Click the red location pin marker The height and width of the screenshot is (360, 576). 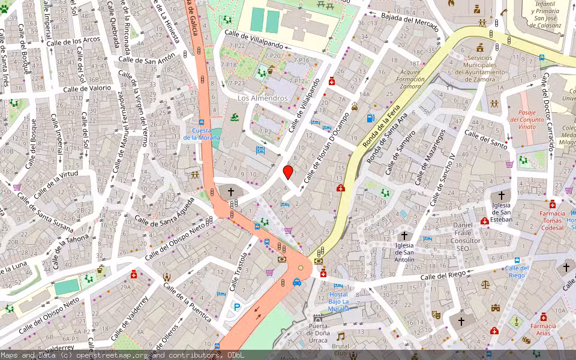pos(288,172)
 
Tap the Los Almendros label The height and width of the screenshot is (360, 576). pos(262,98)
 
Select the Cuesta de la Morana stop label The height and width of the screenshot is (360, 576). pos(202,134)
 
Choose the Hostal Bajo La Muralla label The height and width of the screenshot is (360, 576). pos(338,301)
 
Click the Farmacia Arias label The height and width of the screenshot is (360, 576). pos(543,329)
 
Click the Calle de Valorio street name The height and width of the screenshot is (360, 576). pos(87,88)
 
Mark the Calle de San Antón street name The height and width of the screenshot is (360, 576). pos(147,58)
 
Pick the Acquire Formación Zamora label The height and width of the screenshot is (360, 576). pos(410,79)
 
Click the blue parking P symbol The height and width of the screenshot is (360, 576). pos(236,307)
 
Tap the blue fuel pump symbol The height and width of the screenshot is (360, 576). pos(370,118)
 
